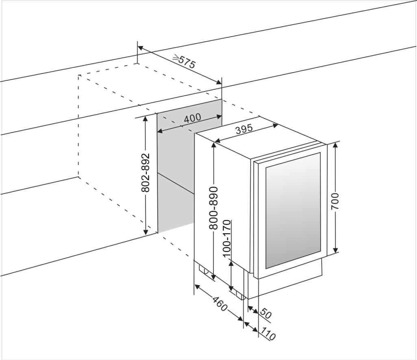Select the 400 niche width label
pyautogui.click(x=192, y=118)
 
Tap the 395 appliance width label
pyautogui.click(x=244, y=129)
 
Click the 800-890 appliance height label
pyautogui.click(x=214, y=208)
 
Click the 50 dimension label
pyautogui.click(x=265, y=313)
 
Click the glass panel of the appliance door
pyautogui.click(x=293, y=211)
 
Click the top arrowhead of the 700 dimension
pyautogui.click(x=335, y=145)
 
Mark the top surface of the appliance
pyautogui.click(x=260, y=138)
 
